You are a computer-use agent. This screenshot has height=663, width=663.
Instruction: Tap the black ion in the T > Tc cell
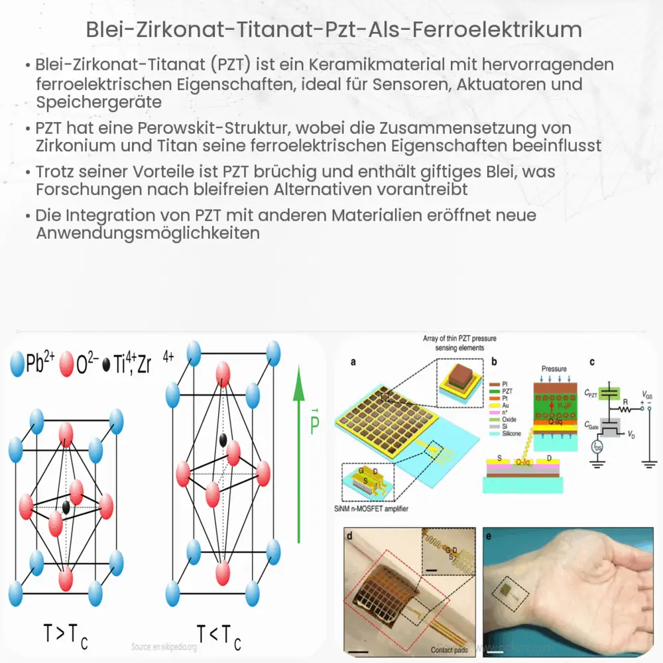pyautogui.click(x=66, y=508)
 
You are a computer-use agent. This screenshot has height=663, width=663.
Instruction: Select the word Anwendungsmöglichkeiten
pyautogui.click(x=148, y=233)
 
